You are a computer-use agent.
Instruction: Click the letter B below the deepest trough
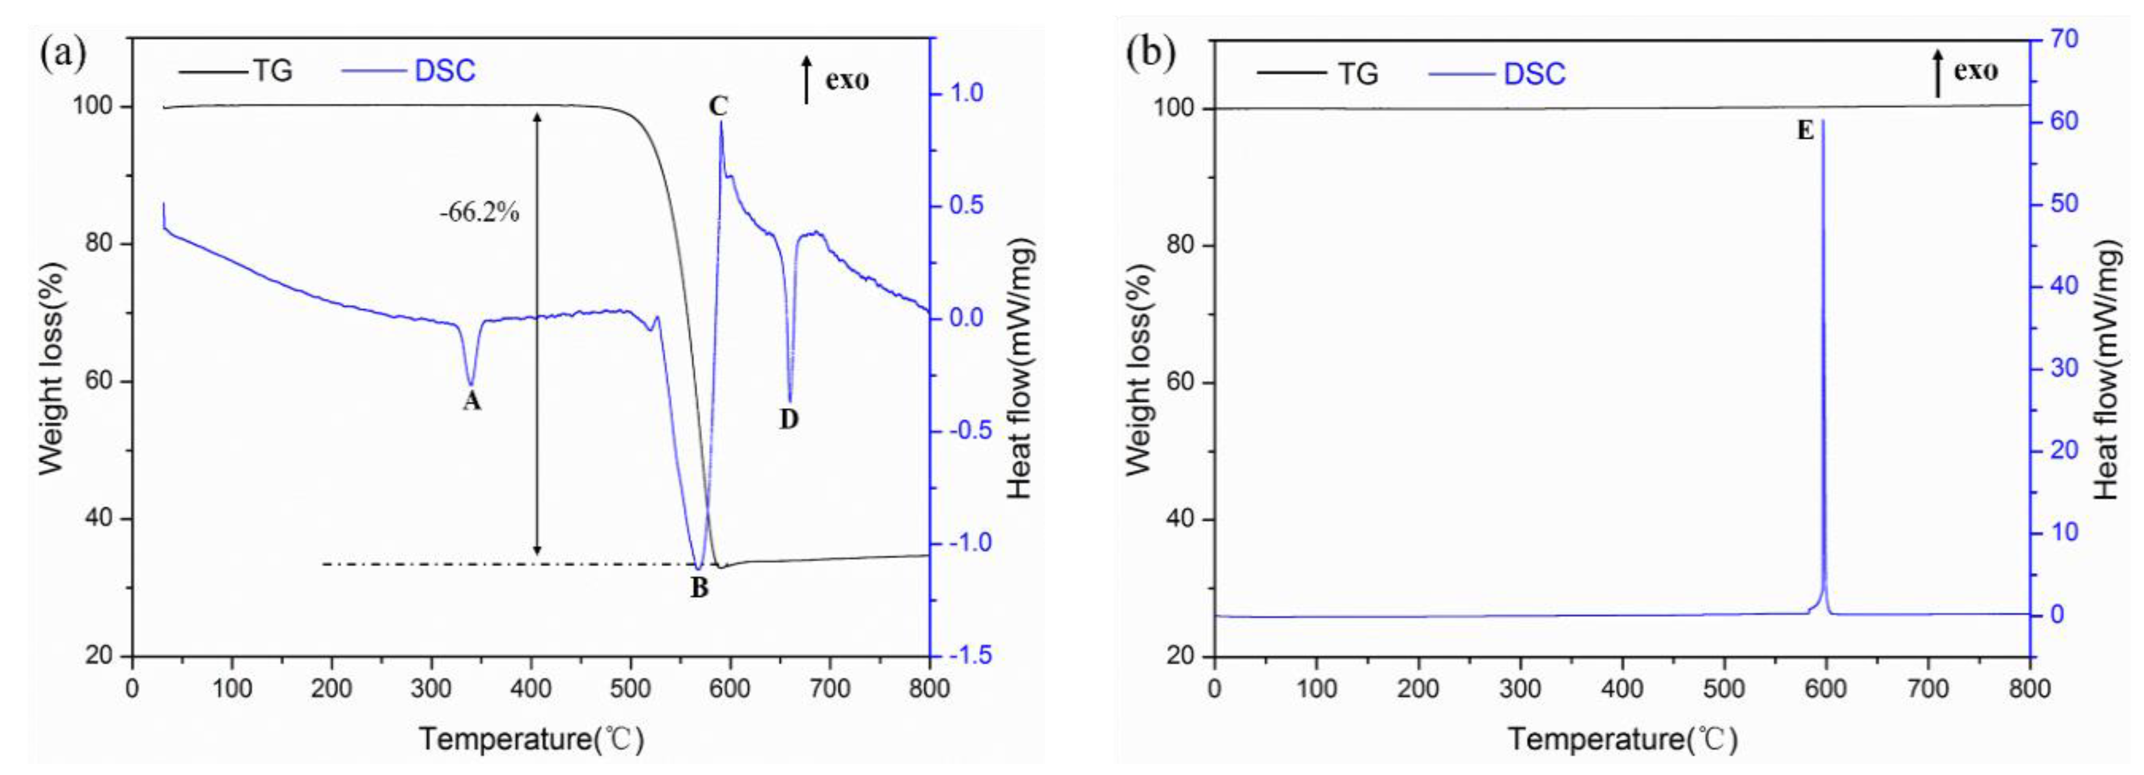699,588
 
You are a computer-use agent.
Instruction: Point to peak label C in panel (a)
717,107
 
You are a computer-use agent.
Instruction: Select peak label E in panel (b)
1805,130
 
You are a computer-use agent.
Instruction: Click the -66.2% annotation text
480,213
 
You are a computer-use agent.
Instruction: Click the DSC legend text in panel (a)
445,71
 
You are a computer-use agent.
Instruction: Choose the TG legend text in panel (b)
1358,74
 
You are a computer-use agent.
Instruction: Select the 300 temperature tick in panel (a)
431,689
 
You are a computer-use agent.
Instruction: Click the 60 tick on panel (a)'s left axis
98,381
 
